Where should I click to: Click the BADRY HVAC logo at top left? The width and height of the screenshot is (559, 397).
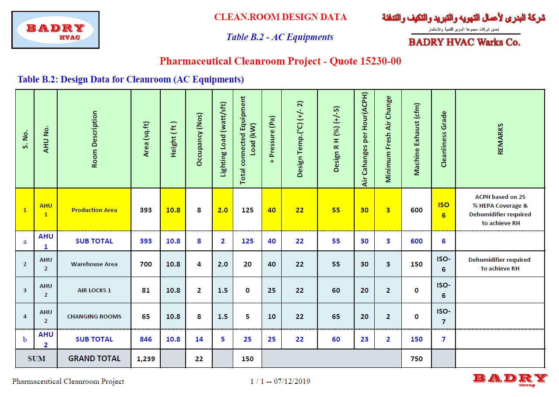click(x=55, y=30)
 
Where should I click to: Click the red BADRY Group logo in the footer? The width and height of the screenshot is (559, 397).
click(x=510, y=379)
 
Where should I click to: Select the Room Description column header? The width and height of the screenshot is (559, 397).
click(x=94, y=139)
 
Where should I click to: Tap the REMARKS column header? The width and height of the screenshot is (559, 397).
click(x=500, y=139)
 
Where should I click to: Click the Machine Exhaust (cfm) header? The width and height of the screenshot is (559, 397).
click(x=417, y=139)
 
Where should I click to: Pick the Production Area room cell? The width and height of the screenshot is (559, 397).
click(x=94, y=210)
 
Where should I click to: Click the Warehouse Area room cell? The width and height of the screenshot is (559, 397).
click(x=94, y=264)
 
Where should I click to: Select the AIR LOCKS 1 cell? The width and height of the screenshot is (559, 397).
click(x=94, y=290)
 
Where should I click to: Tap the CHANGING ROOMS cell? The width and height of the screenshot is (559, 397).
click(x=94, y=316)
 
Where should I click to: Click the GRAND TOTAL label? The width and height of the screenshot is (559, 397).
click(x=94, y=359)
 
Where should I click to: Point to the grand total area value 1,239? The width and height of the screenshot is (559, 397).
click(x=145, y=359)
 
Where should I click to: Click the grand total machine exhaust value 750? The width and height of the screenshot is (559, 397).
click(x=417, y=359)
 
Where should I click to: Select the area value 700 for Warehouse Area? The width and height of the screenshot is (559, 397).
click(x=146, y=264)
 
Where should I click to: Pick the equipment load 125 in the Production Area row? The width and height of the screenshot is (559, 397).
click(x=247, y=210)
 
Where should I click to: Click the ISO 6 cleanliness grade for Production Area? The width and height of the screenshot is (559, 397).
click(x=443, y=210)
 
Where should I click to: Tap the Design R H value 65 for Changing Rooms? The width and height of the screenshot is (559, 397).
click(x=336, y=316)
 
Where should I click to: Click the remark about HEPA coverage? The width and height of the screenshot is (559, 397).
click(x=500, y=210)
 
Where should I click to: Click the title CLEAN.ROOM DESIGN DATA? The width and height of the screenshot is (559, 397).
click(x=280, y=17)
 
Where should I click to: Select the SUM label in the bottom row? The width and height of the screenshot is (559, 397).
click(x=37, y=359)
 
